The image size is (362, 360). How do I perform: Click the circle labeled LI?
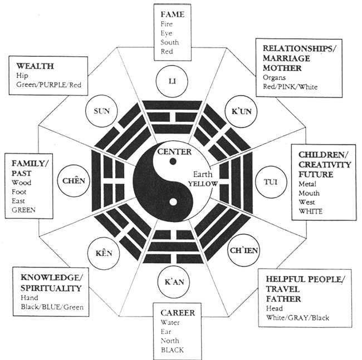(x=172, y=81)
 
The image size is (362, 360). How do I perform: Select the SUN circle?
(x=101, y=111)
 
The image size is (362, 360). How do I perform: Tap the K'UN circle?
(x=241, y=112)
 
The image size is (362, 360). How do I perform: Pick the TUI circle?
(x=271, y=182)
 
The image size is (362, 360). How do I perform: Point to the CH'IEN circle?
(x=243, y=250)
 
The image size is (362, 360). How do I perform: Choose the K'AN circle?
(x=174, y=282)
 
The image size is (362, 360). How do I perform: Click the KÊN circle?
(x=104, y=253)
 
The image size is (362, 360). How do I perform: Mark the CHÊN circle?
(x=74, y=181)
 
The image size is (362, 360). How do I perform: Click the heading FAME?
(x=173, y=14)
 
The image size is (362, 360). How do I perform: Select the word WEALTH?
(x=35, y=66)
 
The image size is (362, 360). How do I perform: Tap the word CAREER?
(x=178, y=313)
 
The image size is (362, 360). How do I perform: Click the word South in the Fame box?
(x=170, y=42)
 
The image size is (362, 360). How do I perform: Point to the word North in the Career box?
(x=170, y=341)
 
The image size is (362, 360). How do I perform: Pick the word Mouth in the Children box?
(x=309, y=193)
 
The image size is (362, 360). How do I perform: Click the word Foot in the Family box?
(x=19, y=192)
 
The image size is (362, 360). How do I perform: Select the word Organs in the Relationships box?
(x=274, y=78)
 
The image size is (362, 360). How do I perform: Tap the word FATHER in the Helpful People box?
(x=283, y=299)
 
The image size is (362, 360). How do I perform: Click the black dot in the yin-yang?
(x=173, y=161)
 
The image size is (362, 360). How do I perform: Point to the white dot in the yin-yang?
(x=173, y=202)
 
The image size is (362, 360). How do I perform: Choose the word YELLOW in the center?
(x=203, y=184)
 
